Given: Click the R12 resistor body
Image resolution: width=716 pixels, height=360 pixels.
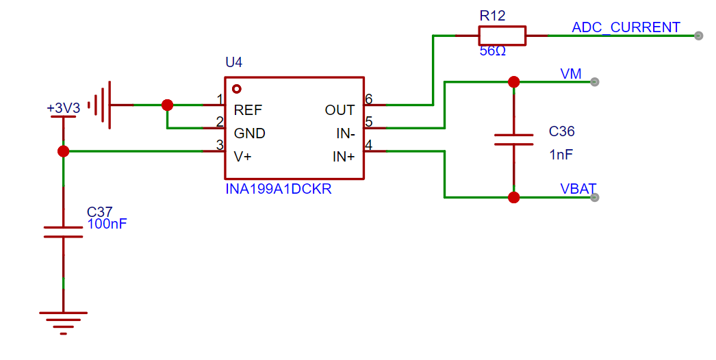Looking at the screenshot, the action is pos(502,36).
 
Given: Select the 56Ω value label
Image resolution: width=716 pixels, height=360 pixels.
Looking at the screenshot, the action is pos(492,51).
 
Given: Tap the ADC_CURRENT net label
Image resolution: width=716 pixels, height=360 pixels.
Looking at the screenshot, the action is pos(626,27).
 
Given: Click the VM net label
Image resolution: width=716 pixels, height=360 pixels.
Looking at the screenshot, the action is pos(570,73).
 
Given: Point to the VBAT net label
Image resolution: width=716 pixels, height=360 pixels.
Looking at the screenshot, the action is pos(578,189).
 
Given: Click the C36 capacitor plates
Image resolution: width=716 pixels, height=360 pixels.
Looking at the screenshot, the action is pos(513,140).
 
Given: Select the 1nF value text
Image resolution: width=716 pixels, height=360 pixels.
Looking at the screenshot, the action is pos(561,155).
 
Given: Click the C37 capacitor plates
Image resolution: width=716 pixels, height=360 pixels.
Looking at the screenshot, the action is pos(63,231).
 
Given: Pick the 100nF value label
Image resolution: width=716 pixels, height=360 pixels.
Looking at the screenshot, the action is pos(107,224).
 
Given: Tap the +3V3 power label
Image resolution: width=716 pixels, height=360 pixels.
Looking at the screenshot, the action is pos(64,108).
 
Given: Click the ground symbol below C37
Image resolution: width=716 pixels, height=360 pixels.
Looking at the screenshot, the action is pos(63,323).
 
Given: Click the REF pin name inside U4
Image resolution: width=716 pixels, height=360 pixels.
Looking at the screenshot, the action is pos(248,110).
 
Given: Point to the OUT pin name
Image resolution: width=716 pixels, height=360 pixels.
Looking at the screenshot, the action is pos(340,110).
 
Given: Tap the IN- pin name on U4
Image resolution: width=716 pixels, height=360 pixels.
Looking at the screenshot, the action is pos(346,133).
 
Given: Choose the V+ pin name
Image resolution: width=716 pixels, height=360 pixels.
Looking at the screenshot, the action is pos(242,157).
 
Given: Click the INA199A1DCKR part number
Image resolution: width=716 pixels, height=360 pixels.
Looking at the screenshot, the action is pos(279,189).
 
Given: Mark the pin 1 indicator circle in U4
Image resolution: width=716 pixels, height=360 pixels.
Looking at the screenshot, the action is pos(237,88).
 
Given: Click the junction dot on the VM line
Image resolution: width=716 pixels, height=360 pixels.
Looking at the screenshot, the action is pos(513,81).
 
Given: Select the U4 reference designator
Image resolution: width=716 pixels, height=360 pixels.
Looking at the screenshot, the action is pos(234,62).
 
